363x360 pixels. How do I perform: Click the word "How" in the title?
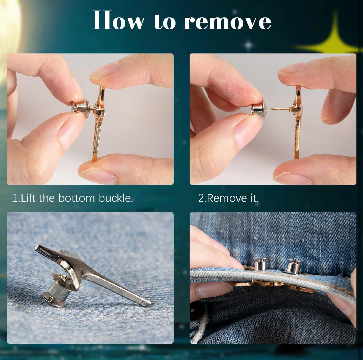click(x=119, y=20)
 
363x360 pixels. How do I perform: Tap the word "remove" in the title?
click(x=227, y=23)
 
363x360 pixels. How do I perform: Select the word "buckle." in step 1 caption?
click(x=116, y=198)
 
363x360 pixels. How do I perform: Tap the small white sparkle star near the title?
click(x=248, y=45)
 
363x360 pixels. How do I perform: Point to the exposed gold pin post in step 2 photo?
click(x=280, y=109)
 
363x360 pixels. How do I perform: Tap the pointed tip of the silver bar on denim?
click(x=150, y=303)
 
